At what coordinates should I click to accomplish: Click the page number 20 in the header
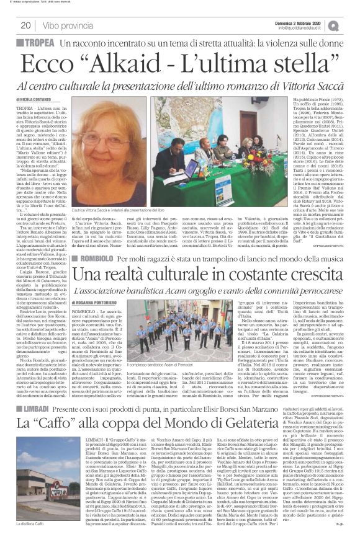click(x=26, y=25)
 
